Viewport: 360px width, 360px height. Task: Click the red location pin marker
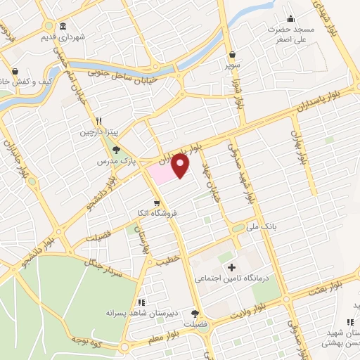pos(181,165)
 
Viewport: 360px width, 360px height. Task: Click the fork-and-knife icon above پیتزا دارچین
pos(100,120)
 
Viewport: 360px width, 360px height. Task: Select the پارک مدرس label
pos(115,161)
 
